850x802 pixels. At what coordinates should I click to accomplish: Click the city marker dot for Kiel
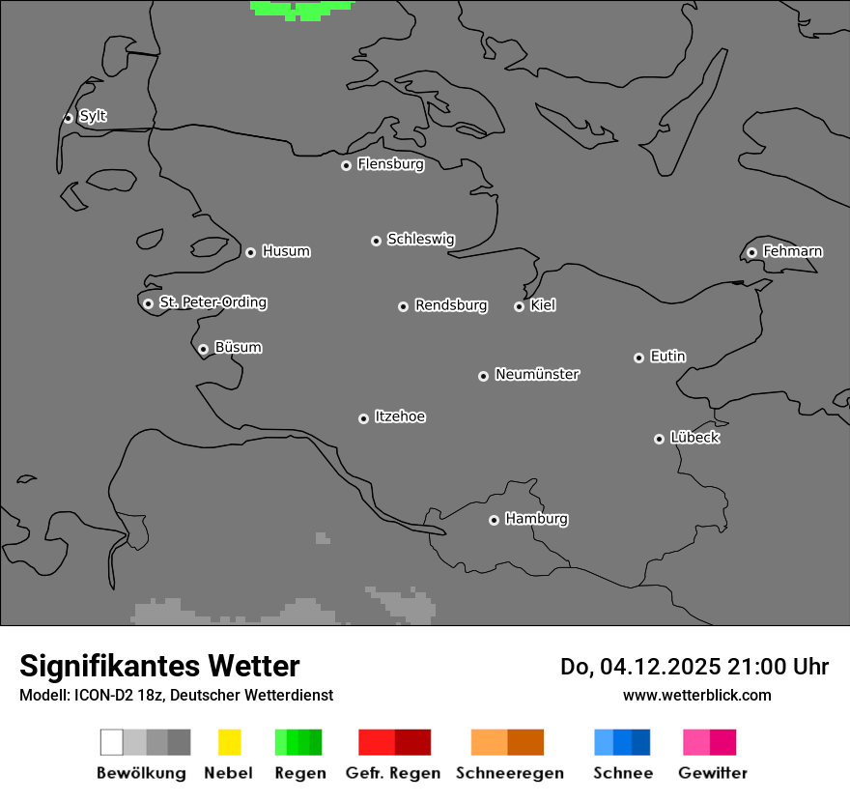(519, 306)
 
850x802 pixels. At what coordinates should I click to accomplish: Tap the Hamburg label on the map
(536, 519)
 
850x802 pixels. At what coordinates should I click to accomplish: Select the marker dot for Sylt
(68, 118)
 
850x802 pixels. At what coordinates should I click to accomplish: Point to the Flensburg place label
(390, 164)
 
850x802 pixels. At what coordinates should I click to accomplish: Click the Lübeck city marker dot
(659, 439)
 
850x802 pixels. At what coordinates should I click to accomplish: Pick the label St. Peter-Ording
(212, 302)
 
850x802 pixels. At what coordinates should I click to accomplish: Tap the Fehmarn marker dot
(751, 253)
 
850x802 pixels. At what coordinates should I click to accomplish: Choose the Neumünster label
(537, 374)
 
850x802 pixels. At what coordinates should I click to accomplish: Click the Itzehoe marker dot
(363, 418)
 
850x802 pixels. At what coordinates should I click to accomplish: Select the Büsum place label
(238, 347)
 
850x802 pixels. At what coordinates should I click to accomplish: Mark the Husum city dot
(250, 252)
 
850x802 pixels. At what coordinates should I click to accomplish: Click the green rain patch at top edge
(301, 9)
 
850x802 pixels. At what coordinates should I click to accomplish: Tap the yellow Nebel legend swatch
(229, 742)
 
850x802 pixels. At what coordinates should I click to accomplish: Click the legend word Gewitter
(713, 773)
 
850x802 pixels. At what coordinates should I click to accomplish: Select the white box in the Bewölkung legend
(111, 742)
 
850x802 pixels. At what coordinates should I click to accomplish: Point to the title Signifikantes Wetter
(159, 667)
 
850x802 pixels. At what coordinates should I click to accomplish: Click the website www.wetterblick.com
(696, 695)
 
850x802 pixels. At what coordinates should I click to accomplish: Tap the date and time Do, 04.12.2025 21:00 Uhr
(694, 667)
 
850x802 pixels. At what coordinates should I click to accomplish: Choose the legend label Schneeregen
(510, 773)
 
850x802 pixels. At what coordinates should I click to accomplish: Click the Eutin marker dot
(638, 358)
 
